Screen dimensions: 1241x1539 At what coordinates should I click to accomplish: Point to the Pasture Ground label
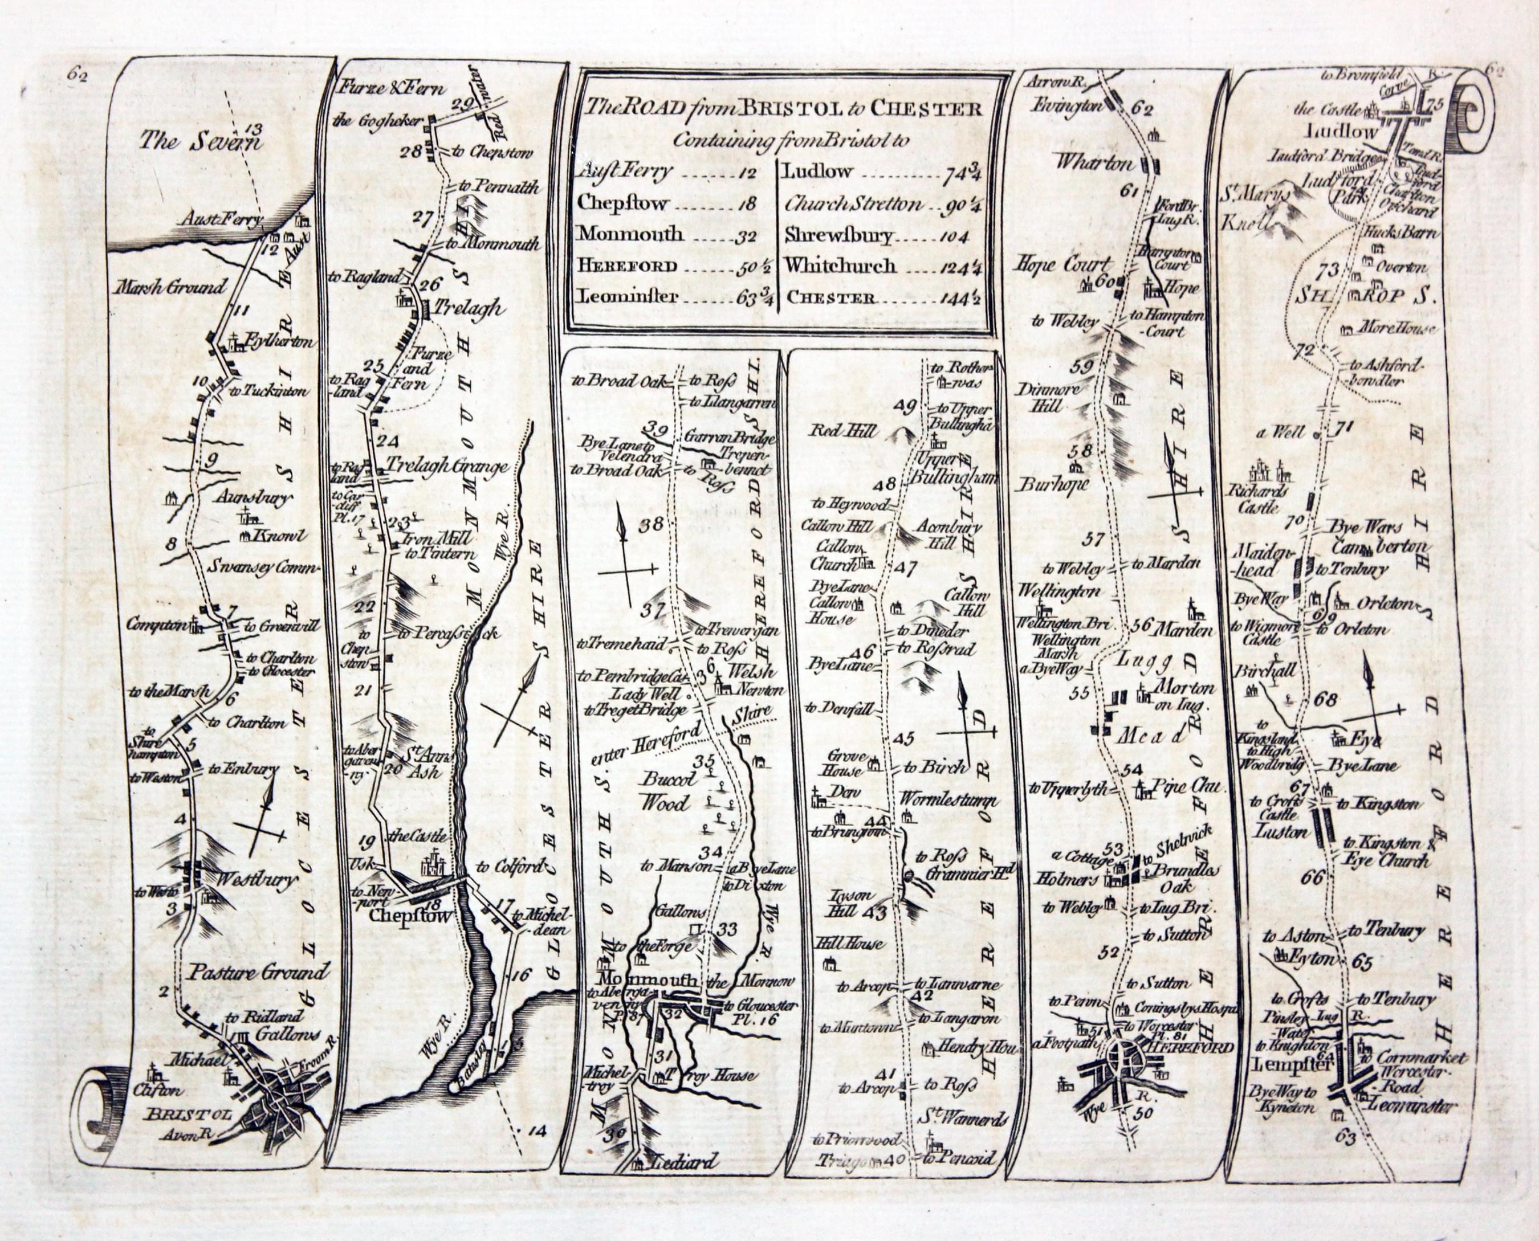(258, 971)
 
